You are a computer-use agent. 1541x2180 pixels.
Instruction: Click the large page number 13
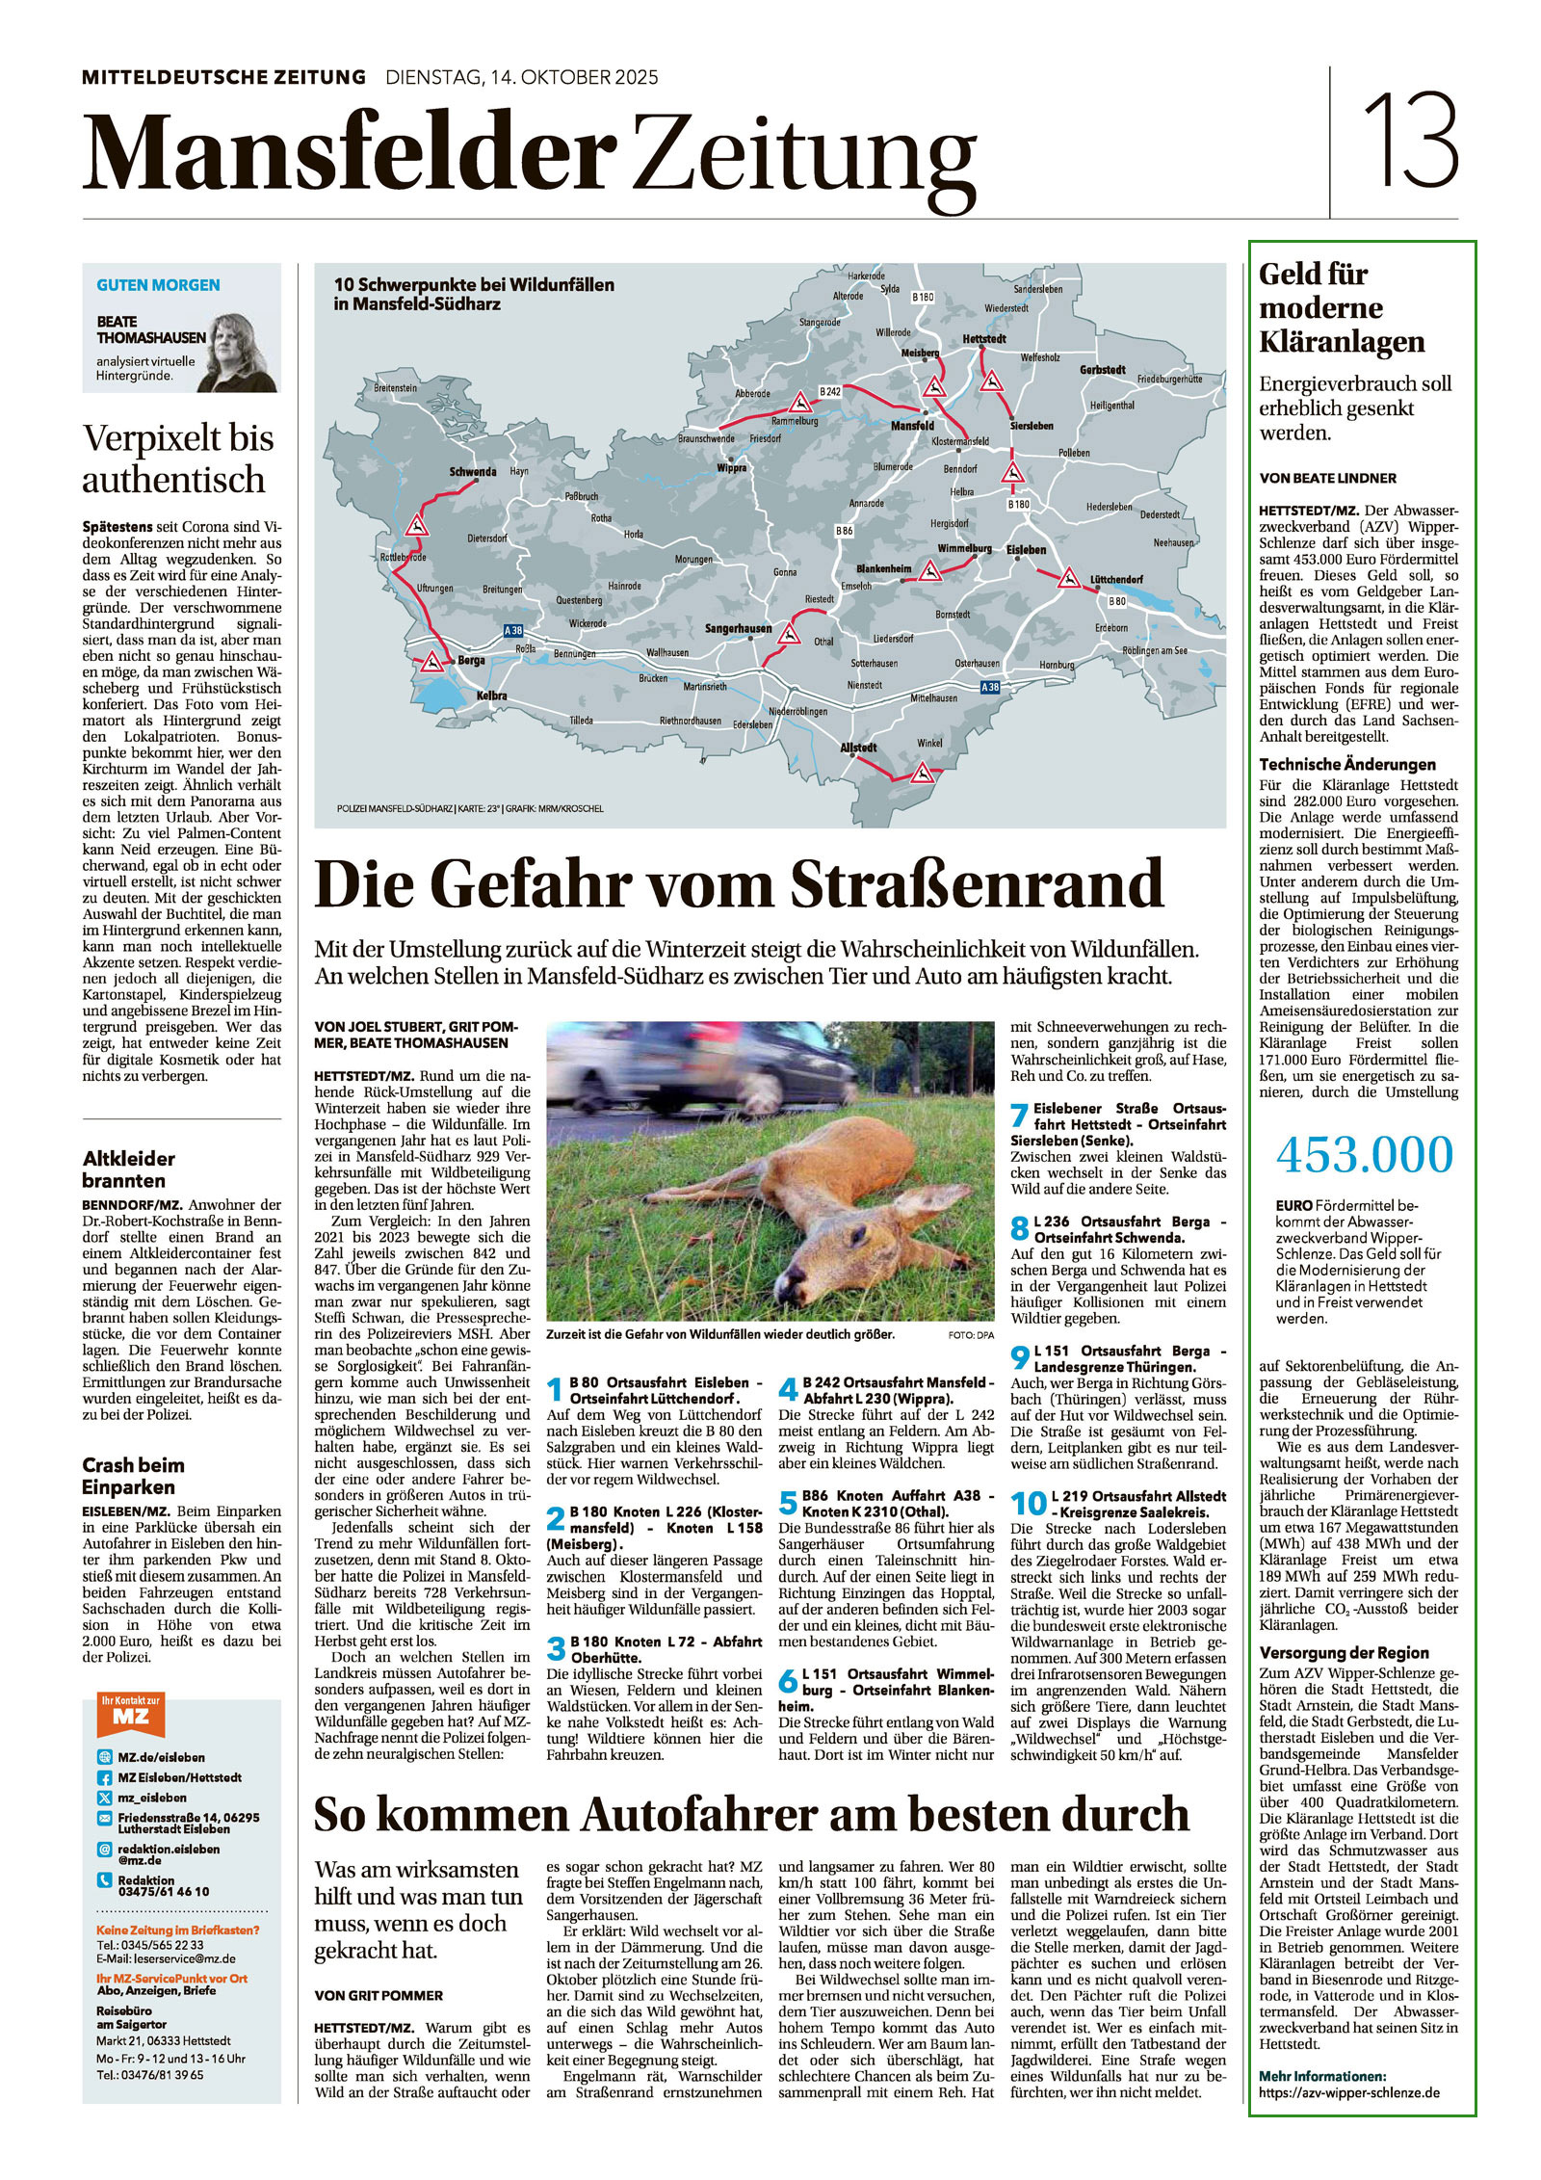tap(1410, 142)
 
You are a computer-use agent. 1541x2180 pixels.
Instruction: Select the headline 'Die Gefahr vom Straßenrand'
tap(739, 883)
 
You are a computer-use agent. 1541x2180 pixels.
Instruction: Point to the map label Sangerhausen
tap(738, 629)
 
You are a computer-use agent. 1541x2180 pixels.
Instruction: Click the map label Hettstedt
tap(983, 340)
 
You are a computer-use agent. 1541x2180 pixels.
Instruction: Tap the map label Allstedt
tap(858, 748)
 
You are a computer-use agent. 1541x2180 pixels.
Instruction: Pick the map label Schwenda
tap(472, 472)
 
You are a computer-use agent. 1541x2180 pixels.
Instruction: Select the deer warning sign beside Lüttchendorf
tap(1067, 579)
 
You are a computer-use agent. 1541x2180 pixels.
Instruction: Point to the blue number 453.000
tap(1364, 1155)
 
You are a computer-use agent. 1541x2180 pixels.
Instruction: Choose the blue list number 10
tap(1028, 1503)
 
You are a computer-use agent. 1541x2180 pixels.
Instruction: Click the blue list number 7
tap(1019, 1116)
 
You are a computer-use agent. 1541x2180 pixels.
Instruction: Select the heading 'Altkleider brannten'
tap(129, 1169)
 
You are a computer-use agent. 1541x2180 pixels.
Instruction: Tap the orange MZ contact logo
tap(130, 1714)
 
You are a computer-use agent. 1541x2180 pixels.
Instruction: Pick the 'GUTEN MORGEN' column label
tap(158, 285)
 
